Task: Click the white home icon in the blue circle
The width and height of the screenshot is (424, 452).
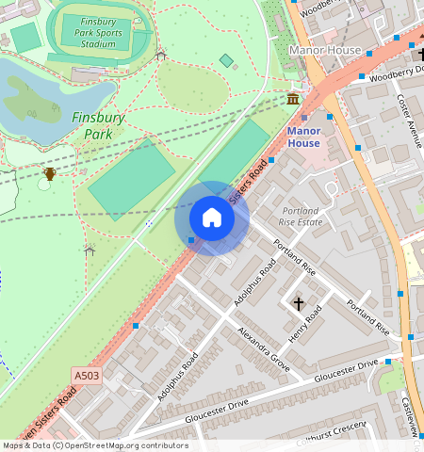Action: point(212,218)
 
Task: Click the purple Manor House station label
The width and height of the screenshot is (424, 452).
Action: point(303,137)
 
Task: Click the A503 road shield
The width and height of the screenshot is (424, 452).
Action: point(87,376)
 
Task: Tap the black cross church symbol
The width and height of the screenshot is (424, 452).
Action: point(299,303)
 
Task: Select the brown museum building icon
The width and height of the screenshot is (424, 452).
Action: point(293,99)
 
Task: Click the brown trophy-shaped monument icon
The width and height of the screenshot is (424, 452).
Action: point(49,173)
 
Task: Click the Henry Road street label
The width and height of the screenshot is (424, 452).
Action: point(305,325)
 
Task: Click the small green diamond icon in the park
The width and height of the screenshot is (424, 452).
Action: point(226,60)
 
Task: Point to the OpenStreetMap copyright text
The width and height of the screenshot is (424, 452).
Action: point(94,445)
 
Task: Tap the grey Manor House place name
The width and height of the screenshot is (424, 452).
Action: point(325,49)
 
